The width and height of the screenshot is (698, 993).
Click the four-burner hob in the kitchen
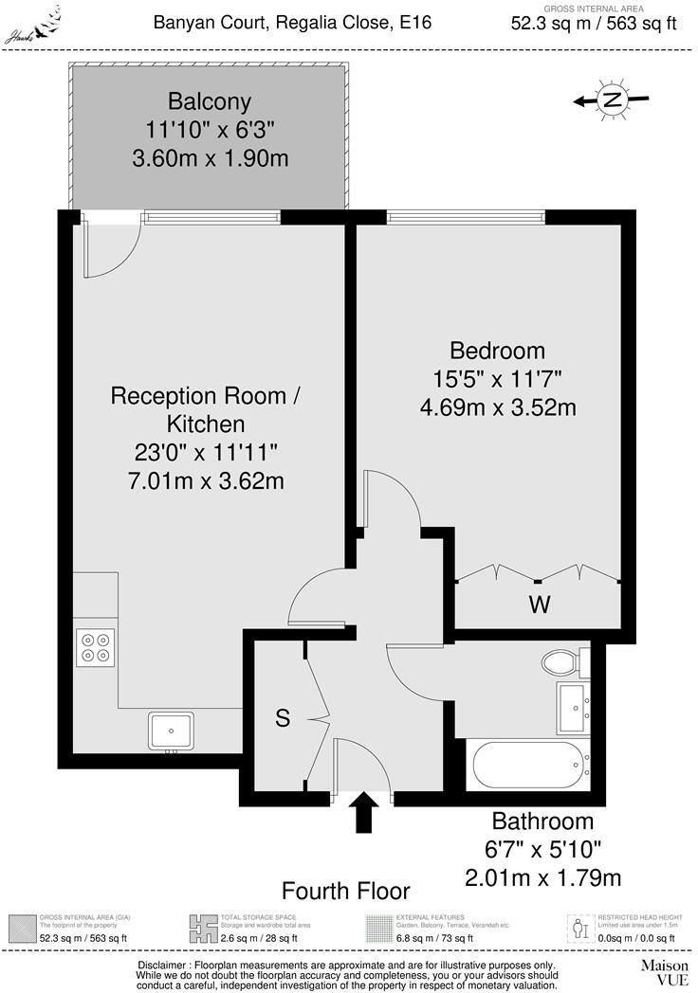[95, 646]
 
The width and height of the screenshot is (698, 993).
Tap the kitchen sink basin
[172, 730]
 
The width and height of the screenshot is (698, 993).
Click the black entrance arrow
[364, 813]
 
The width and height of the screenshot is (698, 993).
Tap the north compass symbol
[613, 99]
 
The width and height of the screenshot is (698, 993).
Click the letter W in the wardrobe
[540, 604]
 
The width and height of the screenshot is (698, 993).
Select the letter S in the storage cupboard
[282, 718]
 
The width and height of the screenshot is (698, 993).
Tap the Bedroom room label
[498, 350]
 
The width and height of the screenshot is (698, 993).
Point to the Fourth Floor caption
[346, 891]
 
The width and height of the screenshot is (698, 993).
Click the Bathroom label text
[542, 821]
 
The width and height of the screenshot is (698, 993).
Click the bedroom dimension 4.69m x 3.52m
[498, 407]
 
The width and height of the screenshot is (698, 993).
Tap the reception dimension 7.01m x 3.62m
[206, 481]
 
